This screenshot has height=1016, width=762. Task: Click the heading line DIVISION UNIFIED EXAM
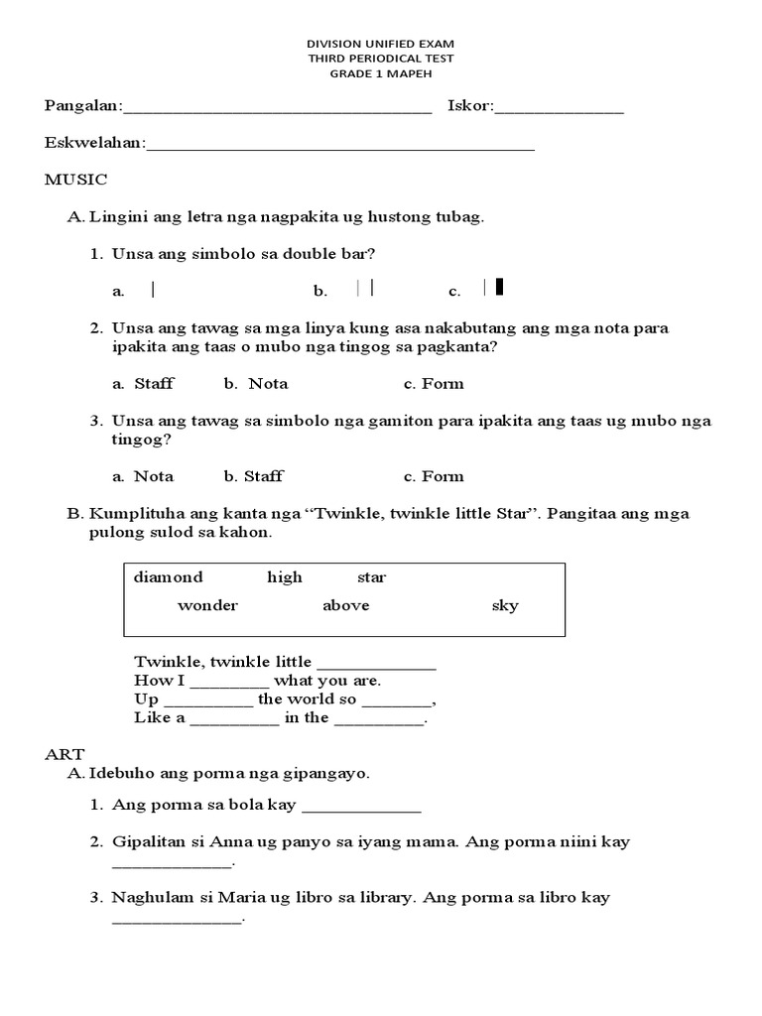[381, 45]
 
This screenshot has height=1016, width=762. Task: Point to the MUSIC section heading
[75, 180]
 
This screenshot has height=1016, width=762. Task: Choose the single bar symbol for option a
[153, 290]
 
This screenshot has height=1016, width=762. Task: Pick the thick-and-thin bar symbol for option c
[493, 288]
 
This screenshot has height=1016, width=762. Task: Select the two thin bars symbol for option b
[364, 289]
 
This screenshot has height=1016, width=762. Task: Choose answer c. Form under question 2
[434, 384]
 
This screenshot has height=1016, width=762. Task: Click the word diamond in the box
[168, 577]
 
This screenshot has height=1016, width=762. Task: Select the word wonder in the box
[207, 606]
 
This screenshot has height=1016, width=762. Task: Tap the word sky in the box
[505, 606]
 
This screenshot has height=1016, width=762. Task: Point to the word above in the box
[345, 606]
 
